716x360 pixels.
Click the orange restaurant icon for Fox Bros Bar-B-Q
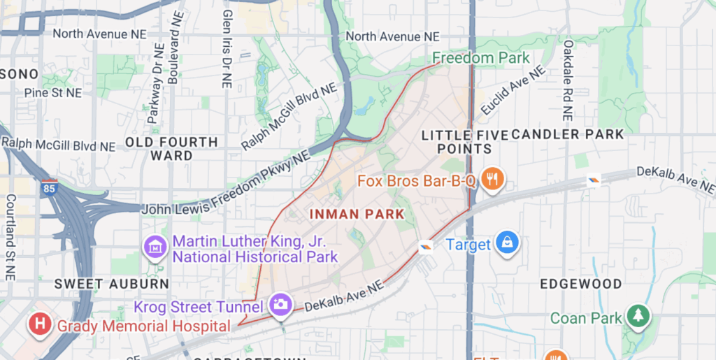(x=494, y=179)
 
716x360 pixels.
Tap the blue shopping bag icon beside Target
(x=506, y=243)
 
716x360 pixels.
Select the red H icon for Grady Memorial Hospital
(x=41, y=324)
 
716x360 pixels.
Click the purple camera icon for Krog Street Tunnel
(x=280, y=304)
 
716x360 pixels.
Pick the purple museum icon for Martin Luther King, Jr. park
(x=154, y=246)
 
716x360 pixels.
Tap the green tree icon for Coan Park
(x=637, y=316)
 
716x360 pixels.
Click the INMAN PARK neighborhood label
(x=357, y=213)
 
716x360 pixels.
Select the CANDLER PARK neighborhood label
(x=567, y=134)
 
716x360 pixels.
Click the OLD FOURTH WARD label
(x=171, y=148)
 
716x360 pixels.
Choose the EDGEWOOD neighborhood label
(x=581, y=284)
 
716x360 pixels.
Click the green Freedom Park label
(x=481, y=58)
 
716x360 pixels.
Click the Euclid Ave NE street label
(x=511, y=91)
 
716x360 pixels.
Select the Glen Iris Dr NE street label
(x=226, y=49)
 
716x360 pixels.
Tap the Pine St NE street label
(x=52, y=92)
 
